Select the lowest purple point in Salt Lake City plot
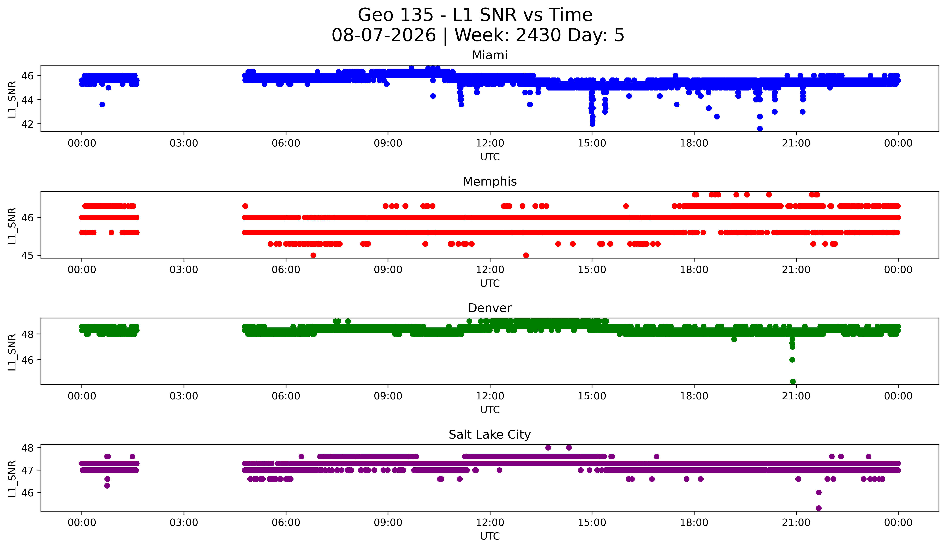(819, 508)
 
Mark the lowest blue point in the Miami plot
(760, 129)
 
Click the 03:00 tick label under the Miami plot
(184, 143)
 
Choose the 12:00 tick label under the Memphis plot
(490, 270)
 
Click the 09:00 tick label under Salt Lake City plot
(388, 523)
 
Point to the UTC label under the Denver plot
(490, 410)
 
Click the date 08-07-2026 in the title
(384, 35)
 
